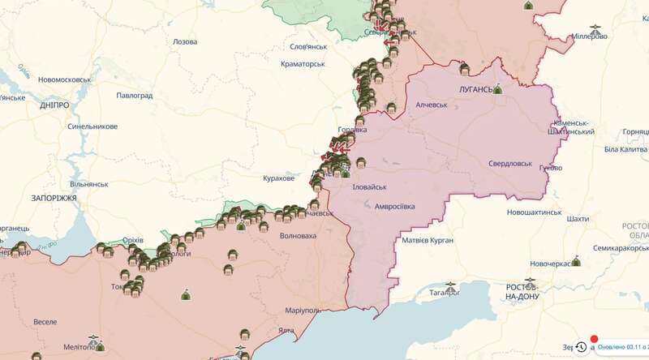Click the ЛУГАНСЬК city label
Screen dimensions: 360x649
click(468, 90)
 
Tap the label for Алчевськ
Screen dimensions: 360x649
click(432, 105)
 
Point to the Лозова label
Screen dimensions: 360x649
click(184, 41)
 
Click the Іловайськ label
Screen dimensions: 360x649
click(370, 186)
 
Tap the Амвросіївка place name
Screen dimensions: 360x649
click(394, 207)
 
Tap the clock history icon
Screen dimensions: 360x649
click(582, 347)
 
